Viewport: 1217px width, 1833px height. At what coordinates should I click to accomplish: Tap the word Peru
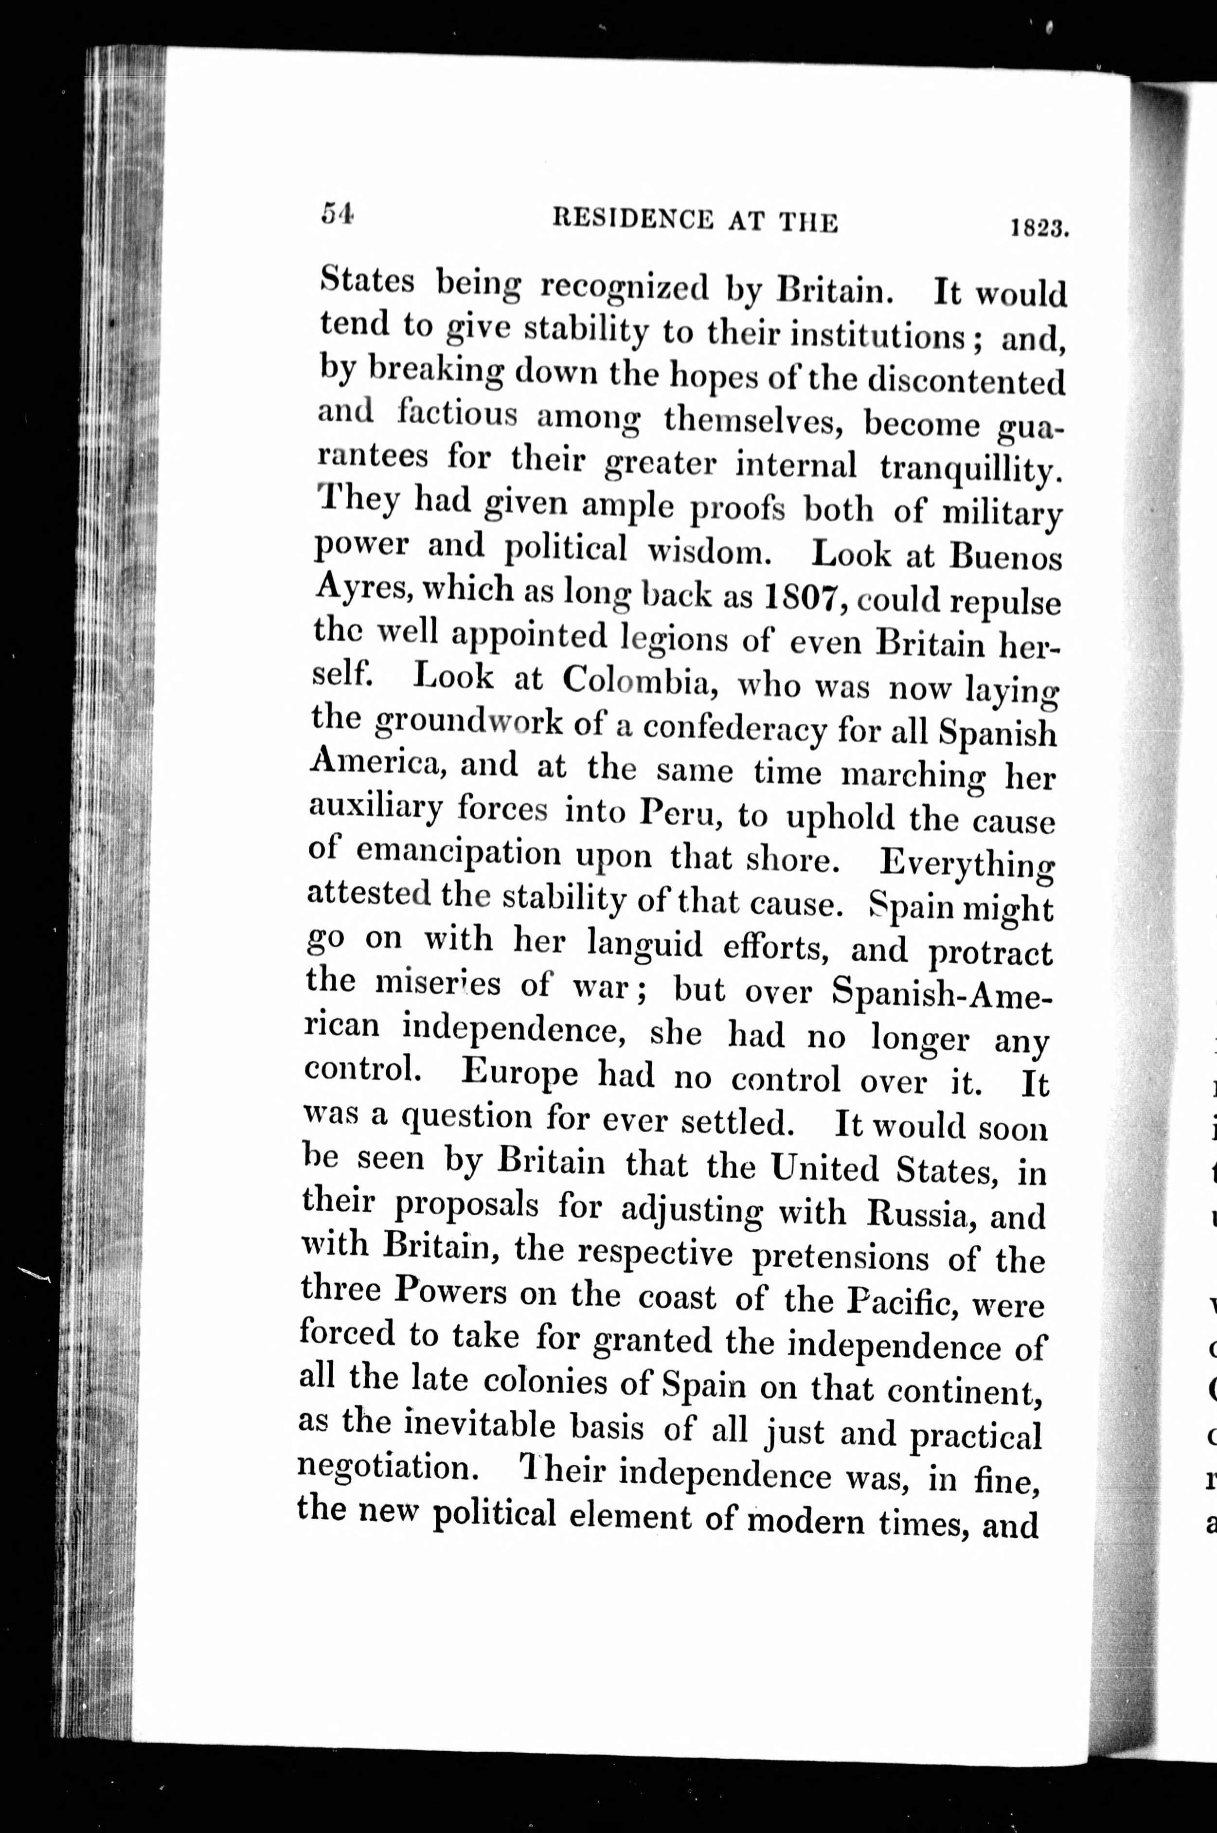pyautogui.click(x=683, y=812)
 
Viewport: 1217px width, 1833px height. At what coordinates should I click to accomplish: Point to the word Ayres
pyautogui.click(x=356, y=589)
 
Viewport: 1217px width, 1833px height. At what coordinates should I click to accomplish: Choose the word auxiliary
pyautogui.click(x=376, y=808)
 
